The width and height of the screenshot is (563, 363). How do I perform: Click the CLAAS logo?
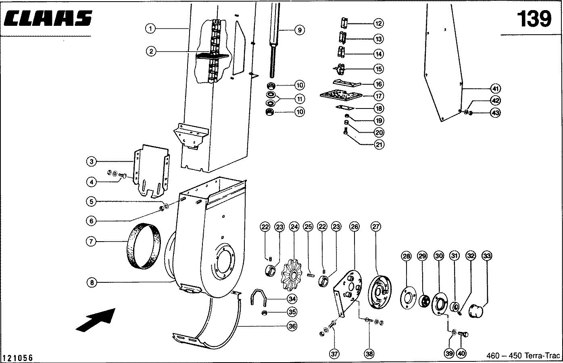point(48,18)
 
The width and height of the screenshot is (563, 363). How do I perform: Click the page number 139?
point(534,19)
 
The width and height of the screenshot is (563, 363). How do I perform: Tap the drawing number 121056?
point(17,357)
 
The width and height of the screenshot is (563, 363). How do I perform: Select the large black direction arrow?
point(96,320)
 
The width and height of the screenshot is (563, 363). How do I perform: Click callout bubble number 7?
point(91,242)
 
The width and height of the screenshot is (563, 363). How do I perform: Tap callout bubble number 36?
point(292,326)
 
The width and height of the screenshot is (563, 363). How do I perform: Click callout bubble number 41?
point(495,89)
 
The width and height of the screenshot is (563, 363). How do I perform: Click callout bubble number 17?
point(379,96)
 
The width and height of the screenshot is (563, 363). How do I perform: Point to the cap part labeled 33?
point(476,311)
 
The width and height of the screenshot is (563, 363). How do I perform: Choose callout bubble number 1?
point(150,28)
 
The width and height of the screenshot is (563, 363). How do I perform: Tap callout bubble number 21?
point(379,144)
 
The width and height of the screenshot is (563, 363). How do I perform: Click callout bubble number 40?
point(461,354)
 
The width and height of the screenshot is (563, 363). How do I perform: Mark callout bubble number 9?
point(300,30)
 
